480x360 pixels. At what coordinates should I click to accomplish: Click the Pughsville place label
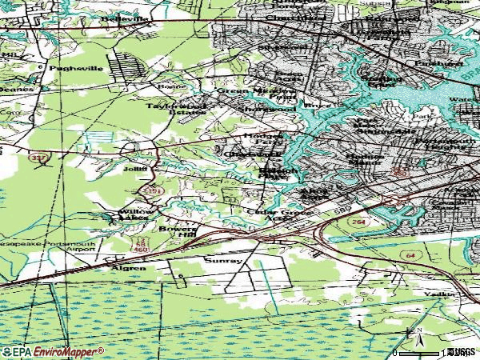pos(76,70)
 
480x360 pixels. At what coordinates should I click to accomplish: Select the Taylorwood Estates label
pos(176,109)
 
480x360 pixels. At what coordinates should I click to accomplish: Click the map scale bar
pos(422,351)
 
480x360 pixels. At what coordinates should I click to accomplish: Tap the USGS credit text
pos(460,351)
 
